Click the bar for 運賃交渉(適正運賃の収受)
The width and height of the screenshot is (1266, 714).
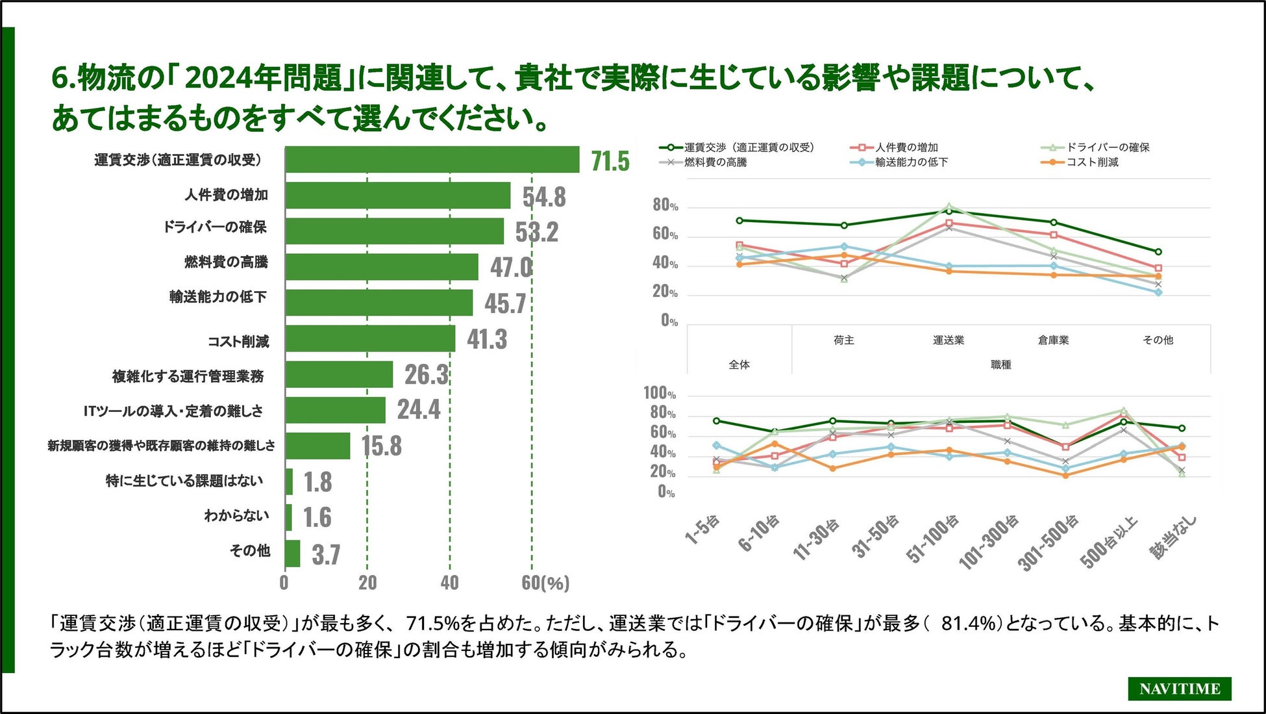432,160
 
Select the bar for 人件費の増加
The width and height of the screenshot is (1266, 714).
397,196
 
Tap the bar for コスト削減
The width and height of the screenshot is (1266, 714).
370,338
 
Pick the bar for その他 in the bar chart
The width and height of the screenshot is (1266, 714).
293,554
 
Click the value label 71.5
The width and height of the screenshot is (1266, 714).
610,161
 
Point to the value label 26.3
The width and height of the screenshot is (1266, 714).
426,375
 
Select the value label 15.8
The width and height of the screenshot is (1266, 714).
381,446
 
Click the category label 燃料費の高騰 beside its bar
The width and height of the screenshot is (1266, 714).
226,262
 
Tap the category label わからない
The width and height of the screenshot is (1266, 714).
236,516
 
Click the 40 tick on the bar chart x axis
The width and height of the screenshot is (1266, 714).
449,583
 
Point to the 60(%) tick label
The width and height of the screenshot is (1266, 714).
545,583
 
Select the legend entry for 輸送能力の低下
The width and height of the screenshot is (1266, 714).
911,162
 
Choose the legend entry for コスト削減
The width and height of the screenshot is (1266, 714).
1092,162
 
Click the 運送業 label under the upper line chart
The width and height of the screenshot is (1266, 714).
949,340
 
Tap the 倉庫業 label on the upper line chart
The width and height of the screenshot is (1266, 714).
1053,340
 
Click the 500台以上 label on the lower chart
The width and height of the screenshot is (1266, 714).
1109,541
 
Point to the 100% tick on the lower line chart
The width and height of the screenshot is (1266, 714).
660,393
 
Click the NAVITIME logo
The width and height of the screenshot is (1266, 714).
1179,689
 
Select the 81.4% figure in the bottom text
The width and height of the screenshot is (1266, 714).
968,624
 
